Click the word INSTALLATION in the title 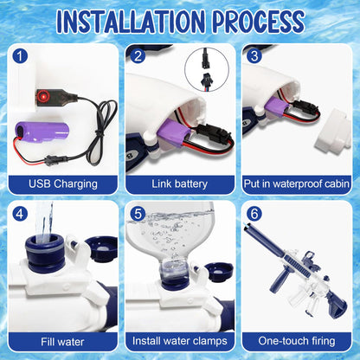tap(131, 22)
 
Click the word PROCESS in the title tap(259, 22)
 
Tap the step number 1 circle tap(20, 56)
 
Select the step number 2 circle tap(138, 56)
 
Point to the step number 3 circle tap(254, 56)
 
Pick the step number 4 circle tap(20, 214)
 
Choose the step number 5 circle tap(138, 214)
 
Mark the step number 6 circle tap(254, 214)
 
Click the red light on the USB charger tap(44, 96)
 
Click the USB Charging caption tap(63, 184)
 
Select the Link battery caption tap(179, 184)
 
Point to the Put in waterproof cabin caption tap(297, 184)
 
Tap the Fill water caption tap(62, 342)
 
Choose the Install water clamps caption tap(179, 341)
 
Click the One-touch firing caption tap(297, 341)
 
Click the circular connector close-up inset tap(207, 69)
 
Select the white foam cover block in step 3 tap(334, 132)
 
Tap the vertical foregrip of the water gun tap(276, 280)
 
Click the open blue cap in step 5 tap(221, 273)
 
